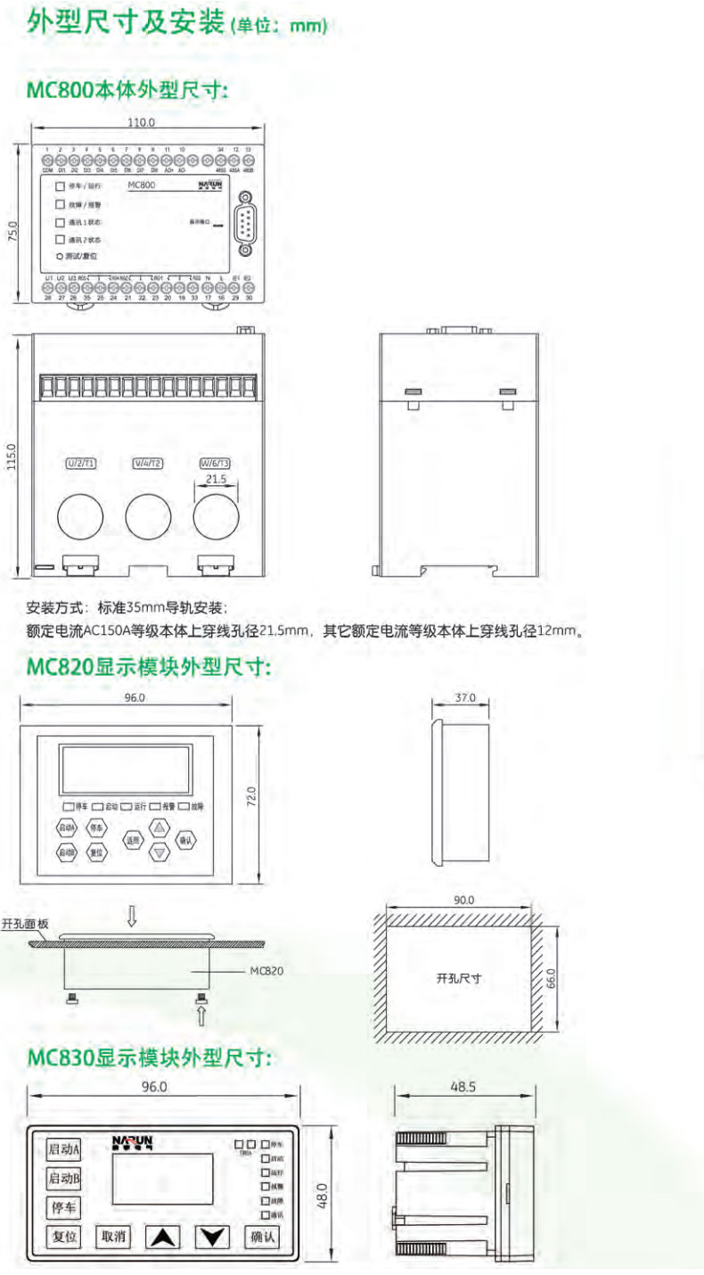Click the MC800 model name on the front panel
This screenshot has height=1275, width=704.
click(x=143, y=185)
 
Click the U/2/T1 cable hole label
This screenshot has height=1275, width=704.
click(x=81, y=464)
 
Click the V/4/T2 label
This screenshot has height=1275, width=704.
click(x=147, y=464)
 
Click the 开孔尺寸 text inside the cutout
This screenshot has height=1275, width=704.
click(x=459, y=978)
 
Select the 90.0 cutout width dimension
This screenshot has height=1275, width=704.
click(x=464, y=901)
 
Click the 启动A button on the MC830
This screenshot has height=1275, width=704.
click(x=64, y=1147)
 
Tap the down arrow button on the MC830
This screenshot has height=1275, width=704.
click(x=212, y=1237)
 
